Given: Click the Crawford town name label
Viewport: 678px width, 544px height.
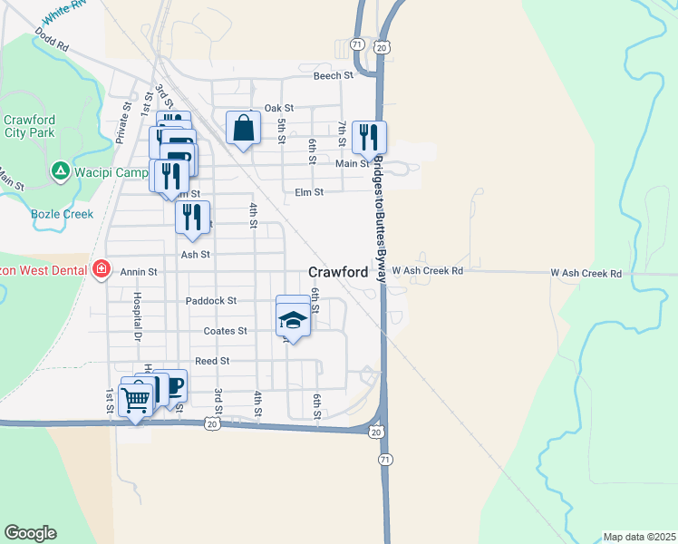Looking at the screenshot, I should click(x=338, y=271).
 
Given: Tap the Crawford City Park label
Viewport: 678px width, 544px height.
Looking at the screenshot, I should click(x=29, y=126).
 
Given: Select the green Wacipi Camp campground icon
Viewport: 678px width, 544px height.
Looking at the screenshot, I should click(x=60, y=170).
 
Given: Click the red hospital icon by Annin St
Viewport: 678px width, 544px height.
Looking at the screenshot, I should click(x=101, y=269).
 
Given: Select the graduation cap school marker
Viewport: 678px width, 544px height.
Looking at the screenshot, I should click(x=292, y=318).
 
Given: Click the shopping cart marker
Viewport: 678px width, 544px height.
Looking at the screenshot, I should click(x=135, y=398).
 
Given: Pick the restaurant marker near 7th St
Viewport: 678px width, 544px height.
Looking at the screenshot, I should click(x=369, y=137).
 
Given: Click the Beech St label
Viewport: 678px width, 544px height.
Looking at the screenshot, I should click(x=332, y=76).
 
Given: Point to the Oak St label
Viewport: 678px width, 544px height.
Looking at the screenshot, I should click(x=279, y=108).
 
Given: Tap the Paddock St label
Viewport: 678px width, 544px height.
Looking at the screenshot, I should click(x=210, y=300).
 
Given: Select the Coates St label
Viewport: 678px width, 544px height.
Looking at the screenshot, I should click(x=225, y=331).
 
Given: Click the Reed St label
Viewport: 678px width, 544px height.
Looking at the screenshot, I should click(x=212, y=361).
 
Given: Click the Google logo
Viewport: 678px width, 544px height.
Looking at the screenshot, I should click(x=30, y=533).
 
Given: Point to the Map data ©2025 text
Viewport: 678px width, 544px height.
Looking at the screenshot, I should click(x=639, y=537).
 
